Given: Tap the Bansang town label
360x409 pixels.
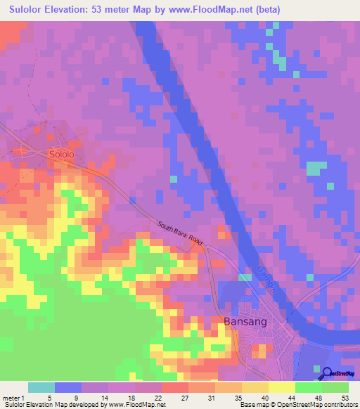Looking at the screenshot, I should coord(246,322).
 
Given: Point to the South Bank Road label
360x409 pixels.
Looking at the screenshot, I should coord(180,234).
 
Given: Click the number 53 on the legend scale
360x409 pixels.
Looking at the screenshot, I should coord(345,396).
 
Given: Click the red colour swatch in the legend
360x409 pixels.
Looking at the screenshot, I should coord(175,387).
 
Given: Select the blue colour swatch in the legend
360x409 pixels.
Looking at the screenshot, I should coord(68,387).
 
